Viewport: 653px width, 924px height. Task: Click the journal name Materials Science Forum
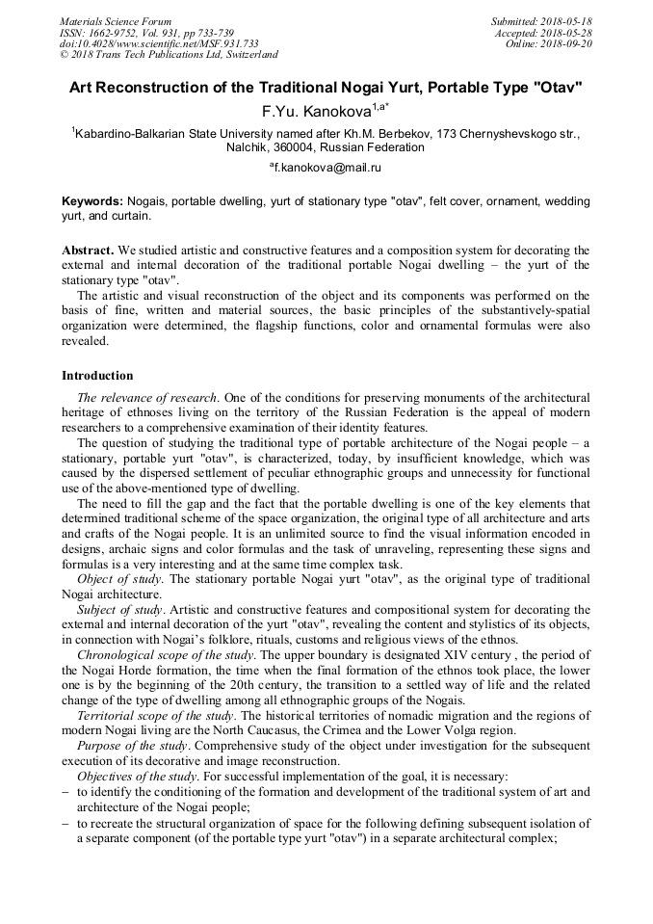pos(116,21)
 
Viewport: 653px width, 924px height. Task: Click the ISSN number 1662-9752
pos(122,33)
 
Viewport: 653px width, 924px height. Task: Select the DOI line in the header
pos(159,43)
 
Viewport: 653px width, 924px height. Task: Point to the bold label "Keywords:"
pos(92,201)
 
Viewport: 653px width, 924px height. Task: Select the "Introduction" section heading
pos(97,376)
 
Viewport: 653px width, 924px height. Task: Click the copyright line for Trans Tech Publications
pos(168,55)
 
